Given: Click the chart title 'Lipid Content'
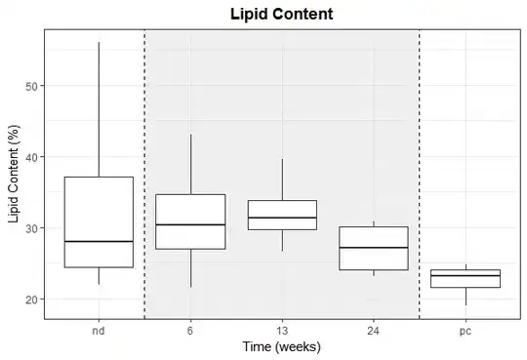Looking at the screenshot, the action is (x=282, y=14).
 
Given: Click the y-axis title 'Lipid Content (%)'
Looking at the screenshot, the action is (x=14, y=174).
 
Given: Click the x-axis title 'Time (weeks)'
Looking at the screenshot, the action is (x=282, y=346).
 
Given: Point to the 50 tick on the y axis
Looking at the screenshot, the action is (x=30, y=86).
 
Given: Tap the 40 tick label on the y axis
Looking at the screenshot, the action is (x=30, y=157).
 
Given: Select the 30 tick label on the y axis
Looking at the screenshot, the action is (x=30, y=228).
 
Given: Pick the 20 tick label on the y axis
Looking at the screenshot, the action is (x=30, y=300).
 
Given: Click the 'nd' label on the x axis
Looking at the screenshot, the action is (x=99, y=331).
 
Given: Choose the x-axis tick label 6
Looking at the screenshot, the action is (x=190, y=331).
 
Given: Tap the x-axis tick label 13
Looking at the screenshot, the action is (x=282, y=331).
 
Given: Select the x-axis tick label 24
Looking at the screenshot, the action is (x=374, y=331).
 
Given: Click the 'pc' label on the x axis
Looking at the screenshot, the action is (x=466, y=332).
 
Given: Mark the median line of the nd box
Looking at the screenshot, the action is (x=99, y=241).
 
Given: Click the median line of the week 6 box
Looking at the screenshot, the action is (x=190, y=224).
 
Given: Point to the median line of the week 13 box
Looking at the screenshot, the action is (x=282, y=218).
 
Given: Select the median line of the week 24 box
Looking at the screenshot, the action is (x=374, y=248).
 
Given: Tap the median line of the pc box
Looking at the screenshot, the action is (x=466, y=276).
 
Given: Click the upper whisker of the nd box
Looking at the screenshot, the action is (x=99, y=109).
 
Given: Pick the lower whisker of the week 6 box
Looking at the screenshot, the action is (x=191, y=268).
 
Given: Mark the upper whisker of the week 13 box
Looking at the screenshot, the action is (x=282, y=180).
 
